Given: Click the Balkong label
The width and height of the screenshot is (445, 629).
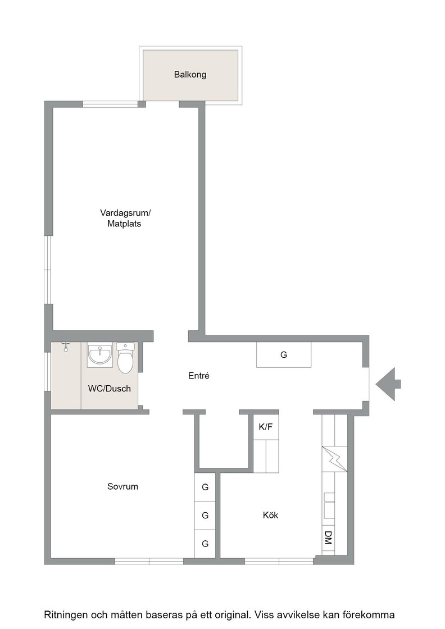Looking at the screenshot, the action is tap(190, 75).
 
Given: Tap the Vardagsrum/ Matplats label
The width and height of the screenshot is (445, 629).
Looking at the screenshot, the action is tap(125, 218).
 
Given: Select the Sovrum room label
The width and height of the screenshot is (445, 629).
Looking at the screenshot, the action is tap(123, 486).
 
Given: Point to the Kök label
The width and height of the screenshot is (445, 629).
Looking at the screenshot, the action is tap(270, 514).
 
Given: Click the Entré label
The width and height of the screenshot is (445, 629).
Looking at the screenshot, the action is tap(199, 376).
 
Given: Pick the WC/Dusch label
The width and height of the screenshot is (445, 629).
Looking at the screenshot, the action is tap(110, 388).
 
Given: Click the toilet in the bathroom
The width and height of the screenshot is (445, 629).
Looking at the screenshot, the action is tap(126, 357).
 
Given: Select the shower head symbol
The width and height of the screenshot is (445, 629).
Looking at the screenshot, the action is tap(66, 346).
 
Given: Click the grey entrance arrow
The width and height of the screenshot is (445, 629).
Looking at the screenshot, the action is tap(388, 384).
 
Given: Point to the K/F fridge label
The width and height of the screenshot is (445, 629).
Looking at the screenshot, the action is tap(266, 427).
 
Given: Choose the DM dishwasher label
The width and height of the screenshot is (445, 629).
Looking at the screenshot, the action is tap(328, 537).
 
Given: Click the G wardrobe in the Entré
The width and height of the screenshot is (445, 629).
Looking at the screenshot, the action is tap(284, 354).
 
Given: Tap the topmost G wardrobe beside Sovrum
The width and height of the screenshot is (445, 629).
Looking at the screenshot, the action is tap(205, 487).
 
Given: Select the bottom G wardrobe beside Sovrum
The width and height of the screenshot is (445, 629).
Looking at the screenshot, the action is tap(205, 544).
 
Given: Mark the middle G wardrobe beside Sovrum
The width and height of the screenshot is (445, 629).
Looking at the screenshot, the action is tap(205, 516).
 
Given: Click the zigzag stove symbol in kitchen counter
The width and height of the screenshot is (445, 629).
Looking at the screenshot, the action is tap(335, 459).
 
